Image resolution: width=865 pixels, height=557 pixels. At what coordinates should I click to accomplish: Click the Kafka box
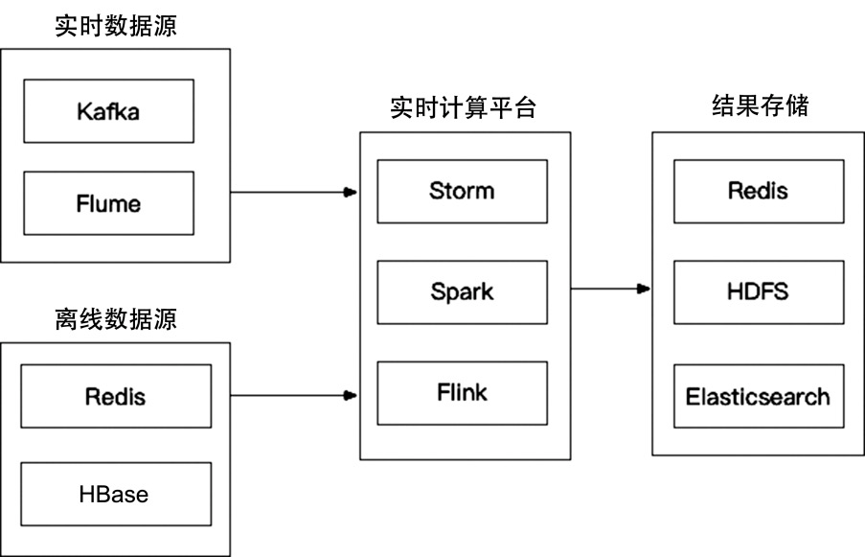click(x=107, y=111)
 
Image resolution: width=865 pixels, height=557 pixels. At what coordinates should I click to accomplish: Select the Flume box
click(x=107, y=203)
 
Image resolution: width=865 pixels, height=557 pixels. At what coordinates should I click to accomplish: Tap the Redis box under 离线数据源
click(x=115, y=395)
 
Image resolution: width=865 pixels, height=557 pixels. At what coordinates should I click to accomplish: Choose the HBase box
click(x=115, y=494)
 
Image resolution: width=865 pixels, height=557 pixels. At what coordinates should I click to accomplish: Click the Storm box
click(x=462, y=191)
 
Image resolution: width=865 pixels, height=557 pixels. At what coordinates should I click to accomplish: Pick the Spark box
click(x=462, y=291)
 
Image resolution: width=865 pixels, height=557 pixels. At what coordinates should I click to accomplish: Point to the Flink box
click(x=462, y=393)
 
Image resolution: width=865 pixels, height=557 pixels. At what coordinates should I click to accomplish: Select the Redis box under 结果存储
click(x=758, y=191)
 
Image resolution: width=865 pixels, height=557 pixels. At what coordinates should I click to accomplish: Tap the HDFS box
click(x=758, y=291)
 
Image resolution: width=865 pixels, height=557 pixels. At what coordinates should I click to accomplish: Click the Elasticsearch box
click(x=758, y=396)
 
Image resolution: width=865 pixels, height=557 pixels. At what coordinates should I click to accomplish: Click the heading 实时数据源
click(x=116, y=27)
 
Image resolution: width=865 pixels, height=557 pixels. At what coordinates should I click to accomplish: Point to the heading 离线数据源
click(x=116, y=318)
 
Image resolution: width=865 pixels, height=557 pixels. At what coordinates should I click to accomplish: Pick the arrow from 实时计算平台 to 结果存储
click(x=608, y=288)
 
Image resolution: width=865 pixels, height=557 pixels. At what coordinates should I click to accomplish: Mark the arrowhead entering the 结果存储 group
click(x=645, y=288)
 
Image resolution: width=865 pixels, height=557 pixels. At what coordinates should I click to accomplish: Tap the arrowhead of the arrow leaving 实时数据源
click(x=351, y=192)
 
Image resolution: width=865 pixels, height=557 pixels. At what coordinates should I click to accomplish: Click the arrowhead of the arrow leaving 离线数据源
click(x=351, y=394)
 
